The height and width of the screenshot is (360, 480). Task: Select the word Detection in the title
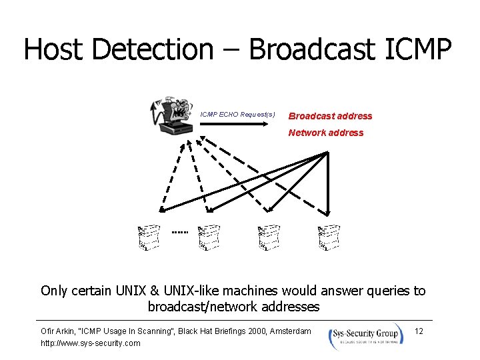tap(151, 49)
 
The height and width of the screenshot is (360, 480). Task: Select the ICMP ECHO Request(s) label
tap(238, 115)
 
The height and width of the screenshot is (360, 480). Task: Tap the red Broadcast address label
tap(330, 116)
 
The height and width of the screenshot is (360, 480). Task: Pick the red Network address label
tap(326, 133)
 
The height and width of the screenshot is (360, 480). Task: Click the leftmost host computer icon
tap(149, 237)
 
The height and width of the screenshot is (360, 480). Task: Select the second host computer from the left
tap(209, 237)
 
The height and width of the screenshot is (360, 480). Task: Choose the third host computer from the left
tap(268, 237)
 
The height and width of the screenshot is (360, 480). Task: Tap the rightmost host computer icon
tap(328, 237)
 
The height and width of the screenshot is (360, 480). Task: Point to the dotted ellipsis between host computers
tap(179, 232)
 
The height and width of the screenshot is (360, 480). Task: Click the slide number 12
tap(419, 331)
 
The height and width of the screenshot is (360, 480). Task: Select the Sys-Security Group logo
tap(365, 335)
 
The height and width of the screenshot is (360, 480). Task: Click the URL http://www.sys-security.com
tap(91, 343)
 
